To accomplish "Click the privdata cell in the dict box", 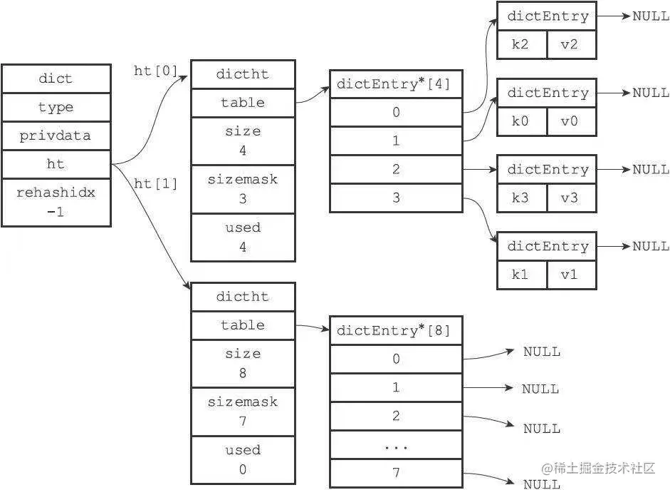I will [x=56, y=136].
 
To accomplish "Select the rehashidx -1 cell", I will [x=56, y=202].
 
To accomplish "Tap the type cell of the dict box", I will [x=56, y=107].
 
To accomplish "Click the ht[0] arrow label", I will [x=155, y=71].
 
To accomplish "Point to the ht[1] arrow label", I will [x=155, y=183].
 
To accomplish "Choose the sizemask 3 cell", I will [x=243, y=189].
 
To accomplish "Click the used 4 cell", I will [x=243, y=237].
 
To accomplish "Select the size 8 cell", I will [x=243, y=363].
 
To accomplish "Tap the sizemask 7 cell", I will [x=243, y=411].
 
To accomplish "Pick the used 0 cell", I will [x=243, y=459].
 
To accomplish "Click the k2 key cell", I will [x=521, y=44].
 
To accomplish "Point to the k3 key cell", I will [x=521, y=198].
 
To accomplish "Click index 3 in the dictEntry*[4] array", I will [x=396, y=198].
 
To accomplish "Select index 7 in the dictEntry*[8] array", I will [x=396, y=472].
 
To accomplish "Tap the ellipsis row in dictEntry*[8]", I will [x=396, y=445].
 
